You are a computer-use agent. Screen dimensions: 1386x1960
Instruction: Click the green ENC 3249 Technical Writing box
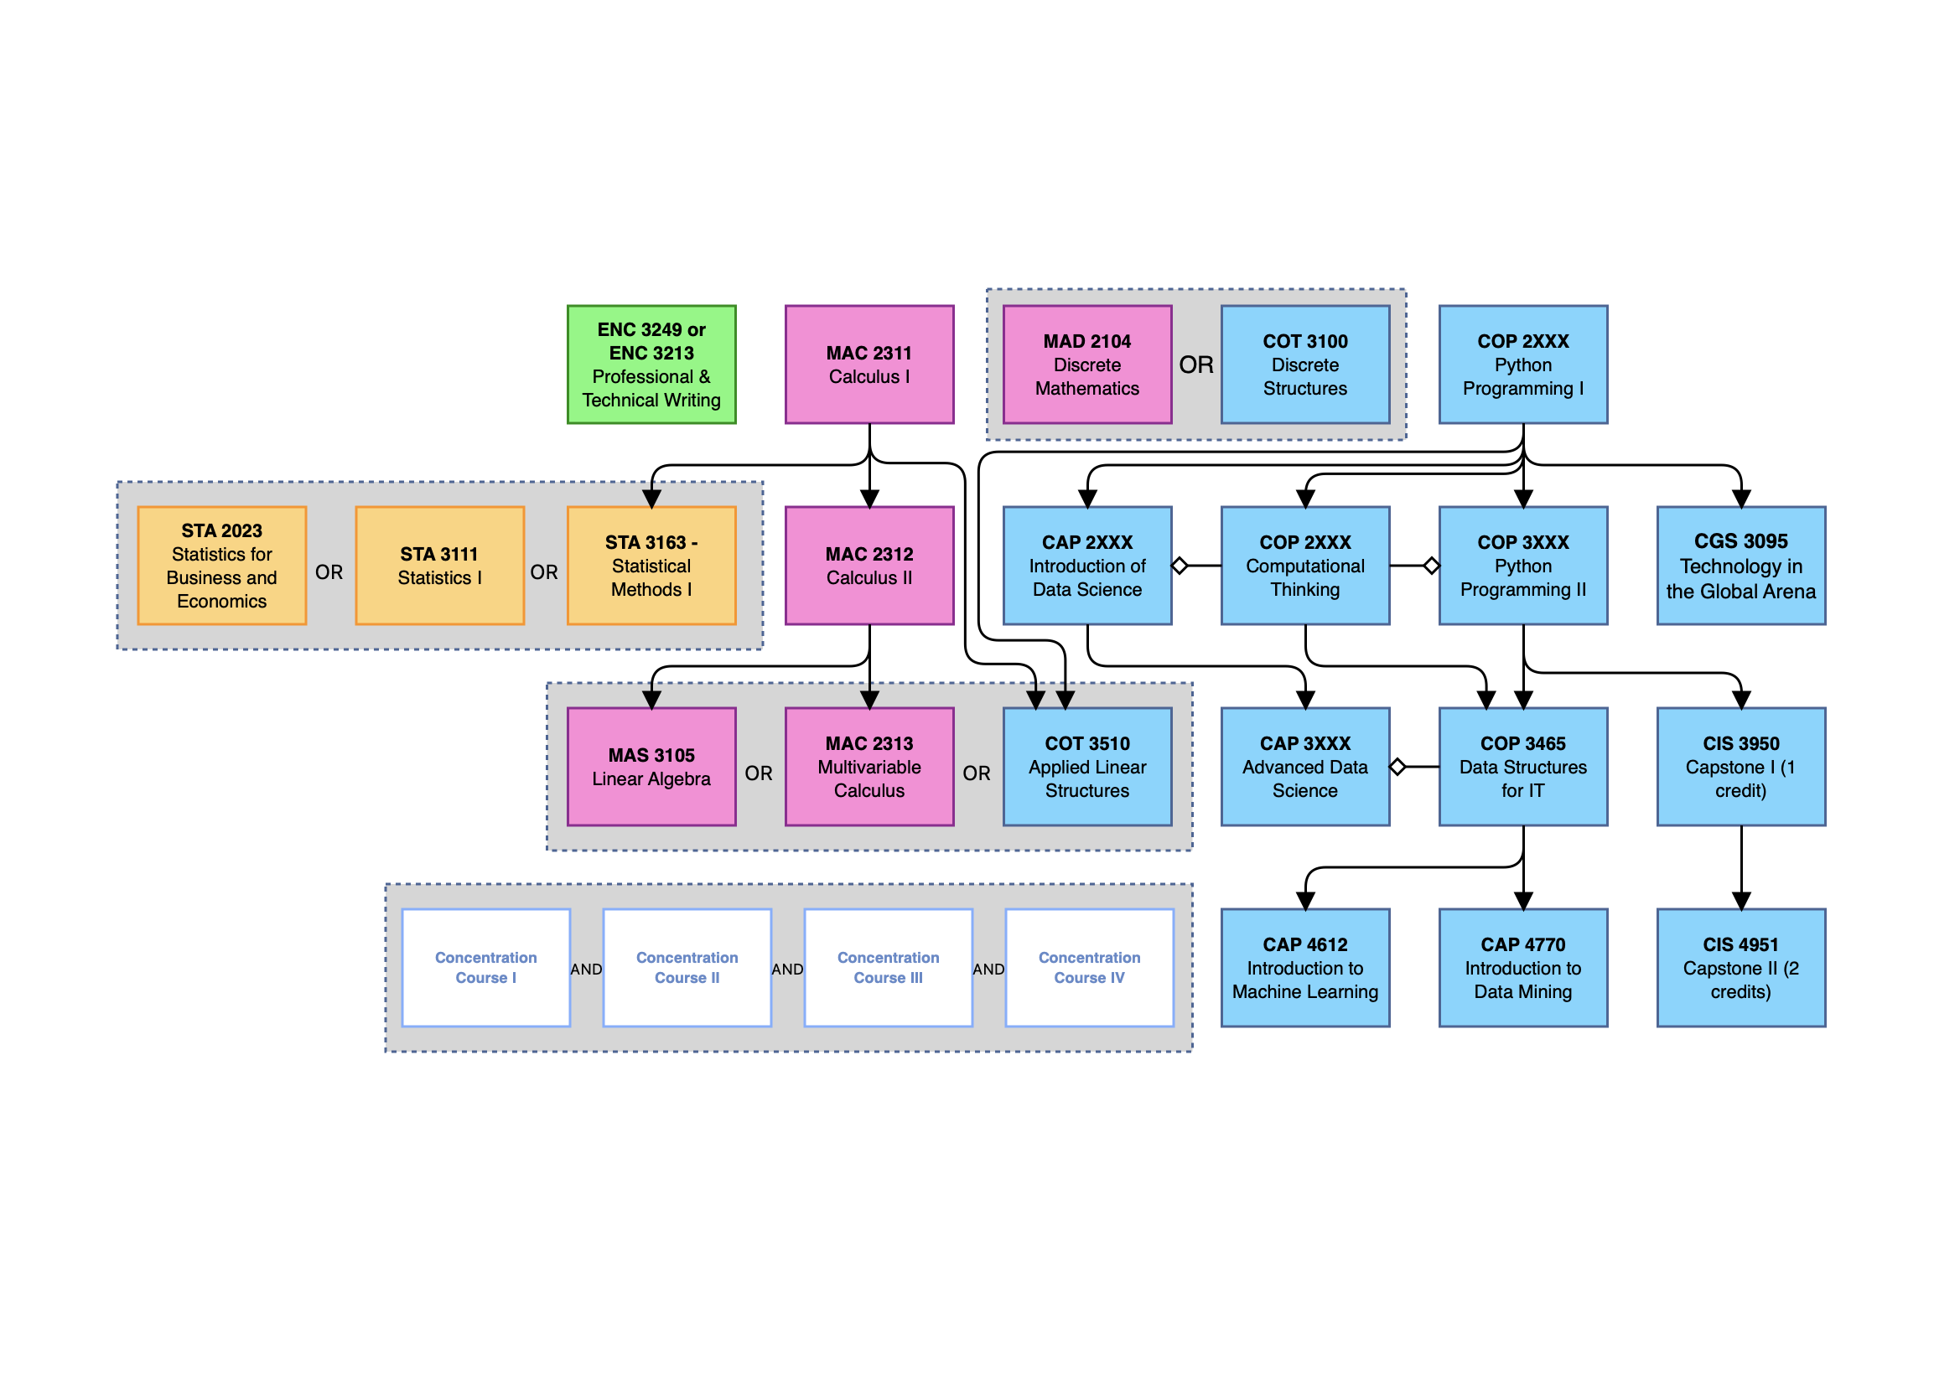pyautogui.click(x=651, y=365)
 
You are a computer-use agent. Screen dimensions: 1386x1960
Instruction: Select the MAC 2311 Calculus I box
pyautogui.click(x=869, y=365)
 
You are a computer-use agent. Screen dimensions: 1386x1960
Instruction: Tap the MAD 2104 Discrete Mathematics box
pyautogui.click(x=1086, y=365)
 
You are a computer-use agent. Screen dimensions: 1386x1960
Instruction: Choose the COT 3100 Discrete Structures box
pyautogui.click(x=1304, y=365)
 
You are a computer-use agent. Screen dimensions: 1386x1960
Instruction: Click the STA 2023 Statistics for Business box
pyautogui.click(x=222, y=566)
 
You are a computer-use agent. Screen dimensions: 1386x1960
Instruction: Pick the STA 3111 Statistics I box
pyautogui.click(x=439, y=566)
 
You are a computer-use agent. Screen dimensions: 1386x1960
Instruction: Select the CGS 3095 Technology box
pyautogui.click(x=1740, y=566)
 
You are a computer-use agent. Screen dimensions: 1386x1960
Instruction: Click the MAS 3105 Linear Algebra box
pyautogui.click(x=651, y=767)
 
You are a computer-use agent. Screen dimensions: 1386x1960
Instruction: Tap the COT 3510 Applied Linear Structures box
pyautogui.click(x=1086, y=767)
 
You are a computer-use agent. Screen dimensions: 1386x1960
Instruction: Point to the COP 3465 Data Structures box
pyautogui.click(x=1523, y=767)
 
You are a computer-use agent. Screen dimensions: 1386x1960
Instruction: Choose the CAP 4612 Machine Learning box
pyautogui.click(x=1304, y=968)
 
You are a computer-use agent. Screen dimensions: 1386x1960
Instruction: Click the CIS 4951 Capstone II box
pyautogui.click(x=1740, y=968)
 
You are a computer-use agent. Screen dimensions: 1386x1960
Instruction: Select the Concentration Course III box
pyautogui.click(x=888, y=968)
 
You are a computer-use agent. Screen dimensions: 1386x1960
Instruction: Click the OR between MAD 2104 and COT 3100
pyautogui.click(x=1196, y=365)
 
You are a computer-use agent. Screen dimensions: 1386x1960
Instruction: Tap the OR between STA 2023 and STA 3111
pyautogui.click(x=329, y=571)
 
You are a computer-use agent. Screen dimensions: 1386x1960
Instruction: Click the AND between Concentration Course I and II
pyautogui.click(x=587, y=970)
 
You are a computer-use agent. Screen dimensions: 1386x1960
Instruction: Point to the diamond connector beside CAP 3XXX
pyautogui.click(x=1397, y=767)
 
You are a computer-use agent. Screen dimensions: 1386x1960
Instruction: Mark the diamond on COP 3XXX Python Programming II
pyautogui.click(x=1432, y=565)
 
